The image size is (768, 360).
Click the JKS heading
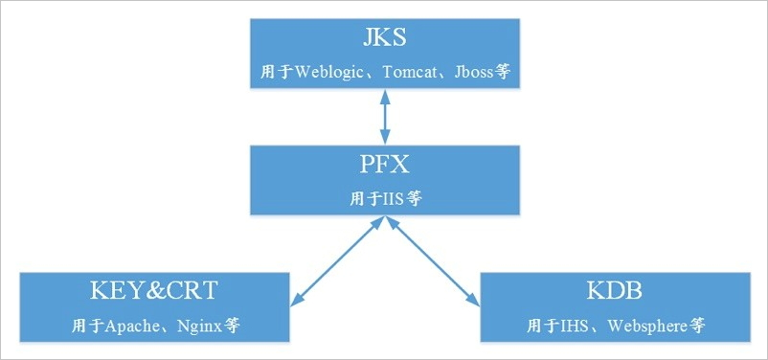click(x=384, y=39)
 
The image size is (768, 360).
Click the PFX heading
click(x=384, y=165)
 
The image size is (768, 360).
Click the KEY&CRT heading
click(x=154, y=291)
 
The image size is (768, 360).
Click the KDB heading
click(x=614, y=291)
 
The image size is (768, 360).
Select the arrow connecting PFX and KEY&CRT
click(x=338, y=260)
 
